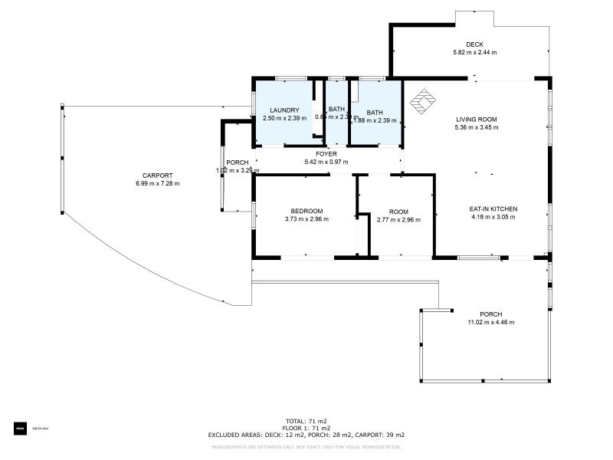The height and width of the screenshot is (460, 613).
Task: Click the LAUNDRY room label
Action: coord(284,110)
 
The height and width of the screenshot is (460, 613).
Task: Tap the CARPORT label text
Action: coord(156,175)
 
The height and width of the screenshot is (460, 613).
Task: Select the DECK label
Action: coord(474,44)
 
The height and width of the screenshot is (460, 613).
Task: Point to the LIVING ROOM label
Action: coord(477,119)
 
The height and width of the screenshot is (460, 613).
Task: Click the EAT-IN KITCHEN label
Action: coord(493,209)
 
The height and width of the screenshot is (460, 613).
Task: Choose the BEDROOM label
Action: coord(306,211)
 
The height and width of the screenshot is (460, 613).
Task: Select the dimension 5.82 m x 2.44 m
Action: coord(474,53)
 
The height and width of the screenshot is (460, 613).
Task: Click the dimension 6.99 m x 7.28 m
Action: coord(157,184)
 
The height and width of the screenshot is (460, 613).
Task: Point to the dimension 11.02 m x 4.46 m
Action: coord(490,322)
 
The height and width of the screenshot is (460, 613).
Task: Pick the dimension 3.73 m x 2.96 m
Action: coord(306,219)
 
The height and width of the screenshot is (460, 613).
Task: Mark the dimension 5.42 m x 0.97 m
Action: coord(326,162)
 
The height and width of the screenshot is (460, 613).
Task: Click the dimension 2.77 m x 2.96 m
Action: coord(398,219)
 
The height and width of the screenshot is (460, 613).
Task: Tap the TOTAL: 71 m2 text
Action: coord(306,421)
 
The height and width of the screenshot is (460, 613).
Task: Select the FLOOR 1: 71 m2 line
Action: coord(306,428)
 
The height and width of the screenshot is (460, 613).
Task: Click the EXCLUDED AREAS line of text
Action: coord(306,435)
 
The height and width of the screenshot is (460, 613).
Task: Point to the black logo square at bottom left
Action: coord(20,428)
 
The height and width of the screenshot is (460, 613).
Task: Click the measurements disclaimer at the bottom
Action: coord(306,445)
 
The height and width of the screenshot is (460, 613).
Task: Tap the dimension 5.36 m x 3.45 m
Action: coord(477,127)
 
